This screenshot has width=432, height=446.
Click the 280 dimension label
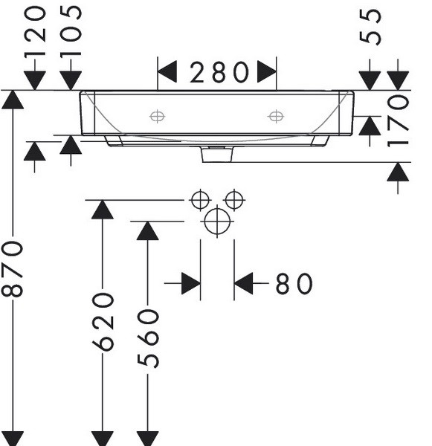click(219, 72)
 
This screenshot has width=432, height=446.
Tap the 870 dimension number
click(12, 269)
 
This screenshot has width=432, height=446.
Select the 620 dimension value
click(103, 322)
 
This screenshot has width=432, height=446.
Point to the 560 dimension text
click(148, 339)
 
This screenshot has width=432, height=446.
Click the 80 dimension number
click(294, 283)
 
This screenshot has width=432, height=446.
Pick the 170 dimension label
click(398, 121)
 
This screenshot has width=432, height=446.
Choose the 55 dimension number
click(370, 27)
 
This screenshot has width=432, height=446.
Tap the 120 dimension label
click(35, 33)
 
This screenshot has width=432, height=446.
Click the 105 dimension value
click(71, 32)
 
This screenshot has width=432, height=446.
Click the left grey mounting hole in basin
click(157, 117)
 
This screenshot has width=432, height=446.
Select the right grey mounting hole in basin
click(276, 117)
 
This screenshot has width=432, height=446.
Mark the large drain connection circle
click(217, 222)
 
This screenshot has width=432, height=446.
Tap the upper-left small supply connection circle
click(200, 200)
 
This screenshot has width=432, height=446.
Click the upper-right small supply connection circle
click(234, 200)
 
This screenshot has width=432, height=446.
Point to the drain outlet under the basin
click(217, 155)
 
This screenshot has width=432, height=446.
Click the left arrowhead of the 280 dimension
click(167, 71)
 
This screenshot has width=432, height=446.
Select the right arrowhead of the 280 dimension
click(267, 71)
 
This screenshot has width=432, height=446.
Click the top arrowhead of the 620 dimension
click(103, 210)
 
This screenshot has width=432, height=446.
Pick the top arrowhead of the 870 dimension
click(13, 100)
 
